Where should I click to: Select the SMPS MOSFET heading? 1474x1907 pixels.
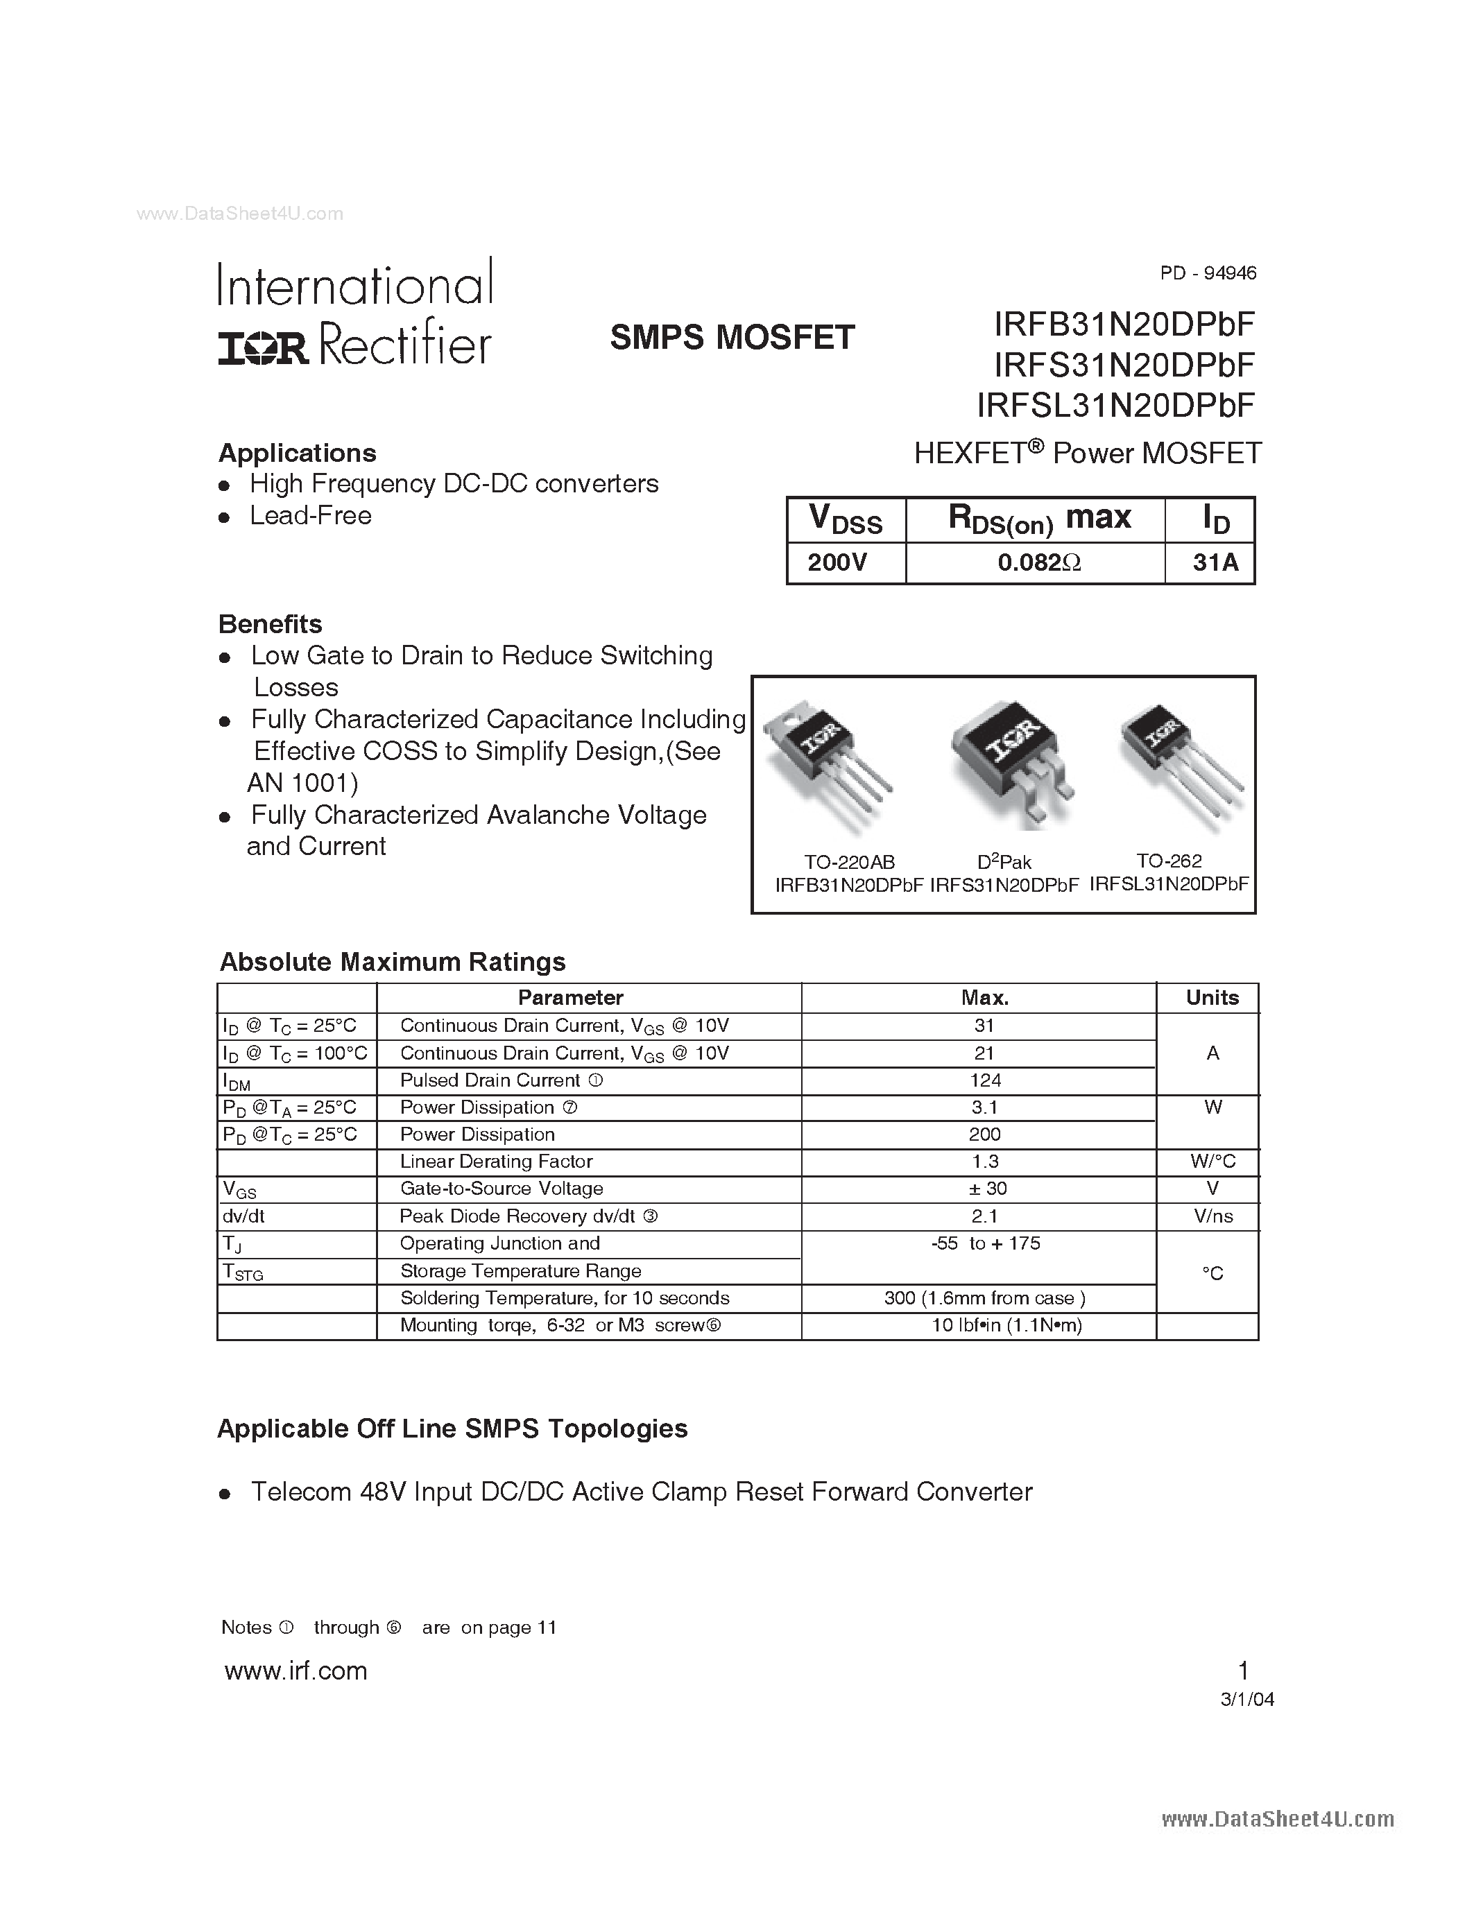732,338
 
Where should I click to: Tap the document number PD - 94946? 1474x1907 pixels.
1208,273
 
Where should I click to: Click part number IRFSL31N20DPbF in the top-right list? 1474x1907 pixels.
1115,405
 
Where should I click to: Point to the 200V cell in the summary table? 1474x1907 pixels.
837,562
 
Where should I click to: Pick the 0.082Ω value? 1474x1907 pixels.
1039,562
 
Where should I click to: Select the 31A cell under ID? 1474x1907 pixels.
1215,562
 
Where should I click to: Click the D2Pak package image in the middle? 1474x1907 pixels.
1011,762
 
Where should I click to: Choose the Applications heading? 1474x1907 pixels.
297,454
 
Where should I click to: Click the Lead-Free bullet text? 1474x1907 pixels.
310,516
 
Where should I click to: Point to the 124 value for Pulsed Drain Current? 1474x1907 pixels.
985,1080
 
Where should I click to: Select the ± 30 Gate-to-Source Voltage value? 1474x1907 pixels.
985,1189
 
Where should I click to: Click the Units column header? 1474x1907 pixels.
1212,997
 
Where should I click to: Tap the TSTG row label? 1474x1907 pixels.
243,1272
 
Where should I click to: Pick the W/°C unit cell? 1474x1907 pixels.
1212,1162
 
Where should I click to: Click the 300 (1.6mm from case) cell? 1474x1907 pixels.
985,1297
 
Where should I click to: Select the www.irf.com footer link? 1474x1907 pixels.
295,1671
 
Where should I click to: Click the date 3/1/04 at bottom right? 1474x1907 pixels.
1247,1699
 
